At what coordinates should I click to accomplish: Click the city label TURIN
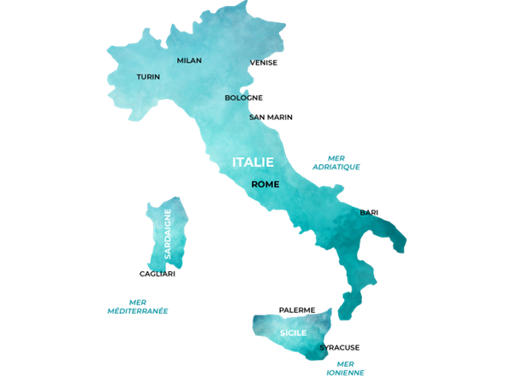(x=148, y=77)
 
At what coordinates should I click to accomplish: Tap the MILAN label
(x=189, y=61)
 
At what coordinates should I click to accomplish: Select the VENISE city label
(x=264, y=62)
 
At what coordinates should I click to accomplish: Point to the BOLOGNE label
(x=244, y=97)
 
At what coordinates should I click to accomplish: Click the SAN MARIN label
(x=270, y=117)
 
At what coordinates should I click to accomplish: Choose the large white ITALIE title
(x=253, y=162)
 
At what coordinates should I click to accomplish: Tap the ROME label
(x=265, y=184)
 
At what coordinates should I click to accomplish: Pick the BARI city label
(x=369, y=212)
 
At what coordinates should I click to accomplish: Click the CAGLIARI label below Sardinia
(x=157, y=274)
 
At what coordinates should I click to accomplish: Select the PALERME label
(x=297, y=310)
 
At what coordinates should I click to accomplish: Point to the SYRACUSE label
(x=340, y=347)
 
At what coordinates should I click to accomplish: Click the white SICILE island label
(x=293, y=332)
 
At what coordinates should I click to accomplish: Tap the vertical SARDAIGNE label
(x=168, y=234)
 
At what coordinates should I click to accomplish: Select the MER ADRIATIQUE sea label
(x=336, y=162)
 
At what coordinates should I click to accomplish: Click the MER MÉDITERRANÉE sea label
(x=137, y=306)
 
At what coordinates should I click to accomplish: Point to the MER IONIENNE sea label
(x=345, y=368)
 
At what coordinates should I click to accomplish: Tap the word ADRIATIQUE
(x=336, y=168)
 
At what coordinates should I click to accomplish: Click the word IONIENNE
(x=345, y=373)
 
